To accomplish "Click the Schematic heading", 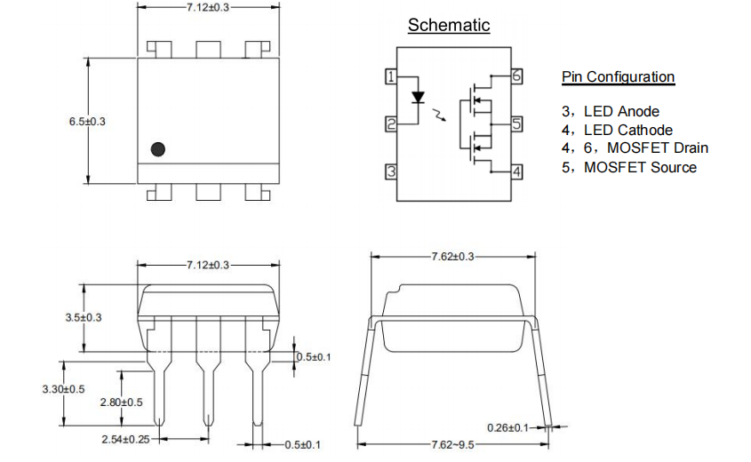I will tap(448, 25).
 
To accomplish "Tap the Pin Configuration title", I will tap(618, 76).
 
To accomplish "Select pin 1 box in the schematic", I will tap(390, 76).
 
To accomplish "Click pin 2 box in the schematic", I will tap(390, 124).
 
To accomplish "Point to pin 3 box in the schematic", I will tap(390, 171).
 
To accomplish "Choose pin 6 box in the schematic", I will tap(516, 76).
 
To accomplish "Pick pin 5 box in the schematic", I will tap(516, 124).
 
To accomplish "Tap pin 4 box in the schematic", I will tap(516, 171).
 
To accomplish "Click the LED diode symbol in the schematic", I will tap(418, 97).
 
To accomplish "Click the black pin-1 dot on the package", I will tap(158, 149).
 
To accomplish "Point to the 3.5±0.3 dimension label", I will tap(84, 317).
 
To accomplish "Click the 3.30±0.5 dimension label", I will tap(63, 389).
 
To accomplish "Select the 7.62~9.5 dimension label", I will tap(452, 444).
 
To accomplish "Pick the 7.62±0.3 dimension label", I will tap(452, 256).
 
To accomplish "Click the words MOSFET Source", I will tap(640, 167).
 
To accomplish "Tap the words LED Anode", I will tap(621, 111).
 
